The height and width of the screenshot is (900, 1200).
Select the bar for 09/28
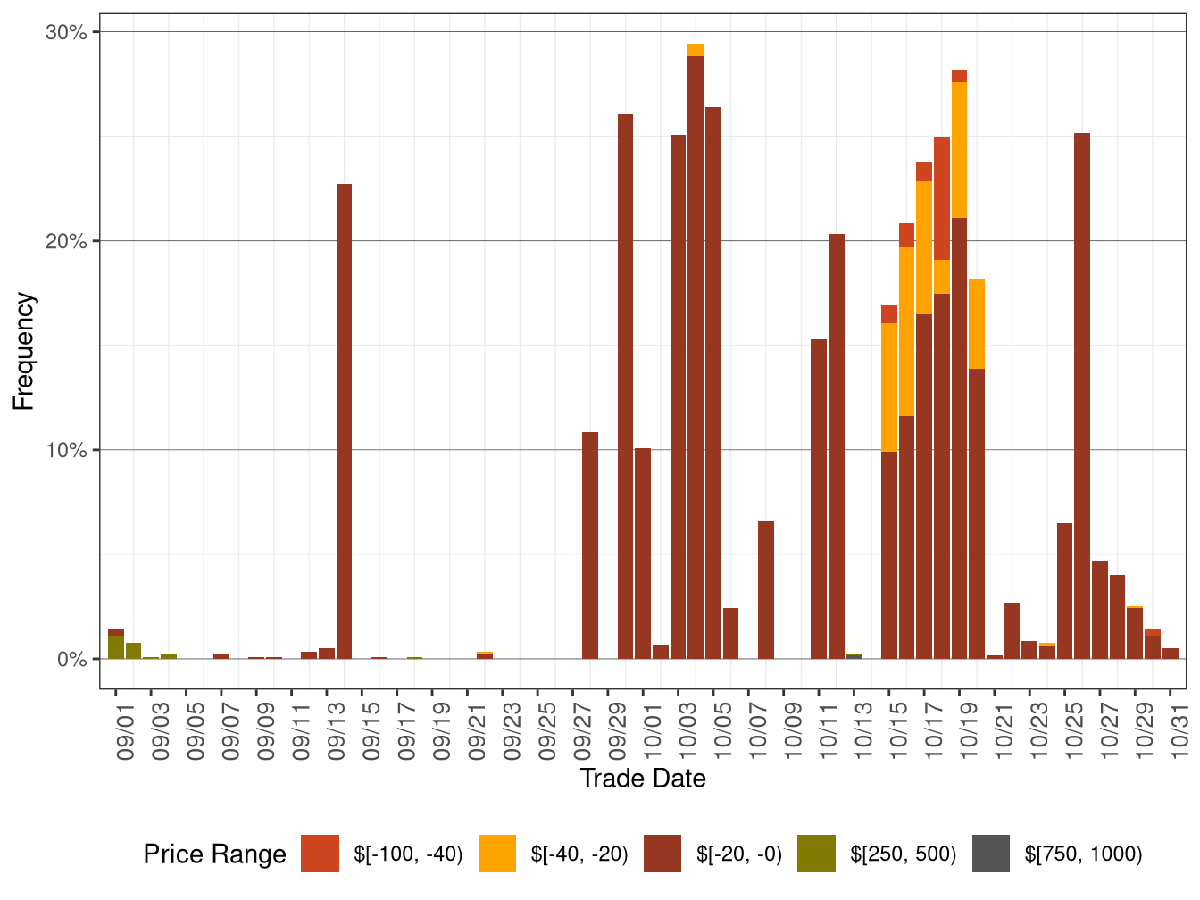590,546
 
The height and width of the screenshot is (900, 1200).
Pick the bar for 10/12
837,446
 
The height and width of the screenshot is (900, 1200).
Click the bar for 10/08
766,590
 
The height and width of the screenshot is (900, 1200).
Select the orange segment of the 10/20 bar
977,324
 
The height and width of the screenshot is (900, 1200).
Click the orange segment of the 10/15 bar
889,387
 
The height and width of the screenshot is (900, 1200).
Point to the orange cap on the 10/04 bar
696,50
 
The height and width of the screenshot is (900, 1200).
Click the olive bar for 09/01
116,647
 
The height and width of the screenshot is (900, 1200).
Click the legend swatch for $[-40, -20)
497,854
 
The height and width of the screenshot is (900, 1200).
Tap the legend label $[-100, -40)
408,854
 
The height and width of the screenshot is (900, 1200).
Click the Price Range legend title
214,854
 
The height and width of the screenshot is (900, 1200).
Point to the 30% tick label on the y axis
66,33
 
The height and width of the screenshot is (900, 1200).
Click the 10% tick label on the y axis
66,450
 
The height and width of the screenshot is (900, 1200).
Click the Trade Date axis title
643,779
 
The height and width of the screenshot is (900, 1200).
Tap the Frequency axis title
24,351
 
